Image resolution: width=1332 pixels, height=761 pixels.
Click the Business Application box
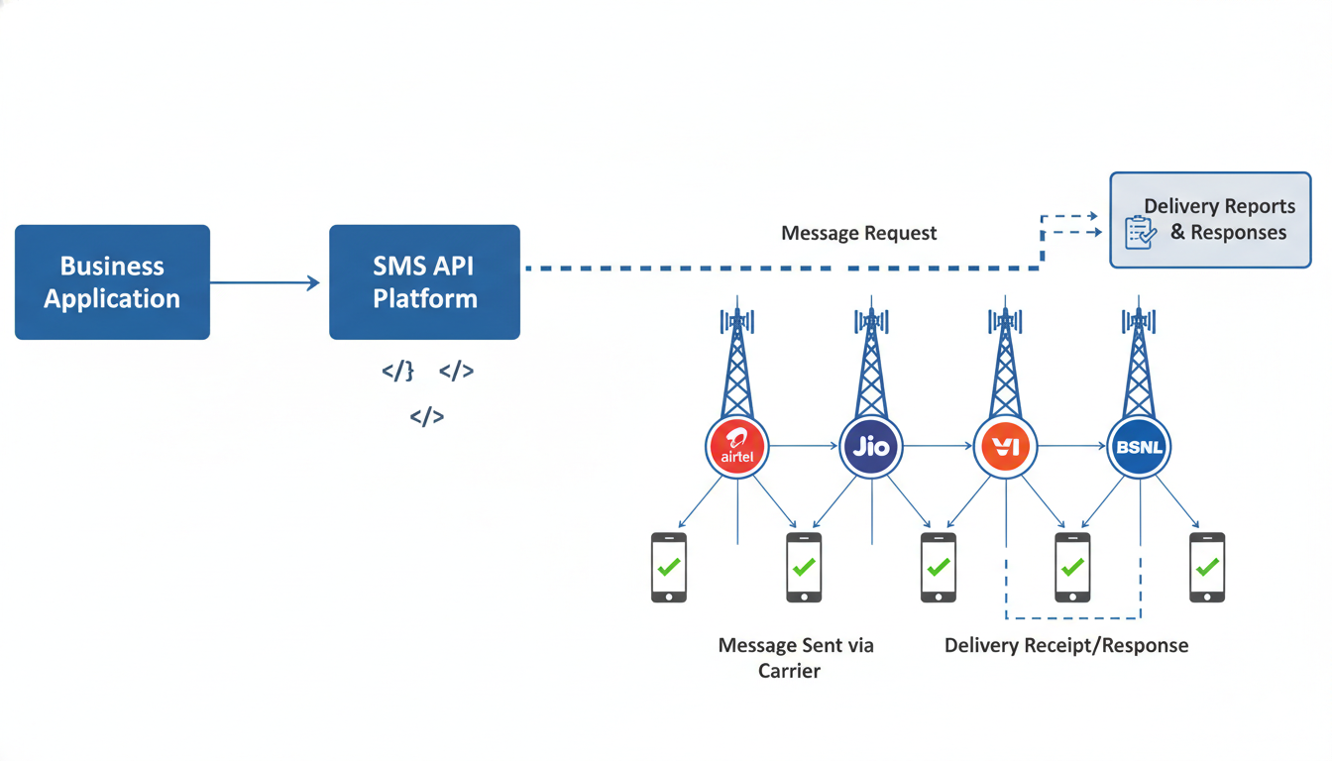tap(112, 282)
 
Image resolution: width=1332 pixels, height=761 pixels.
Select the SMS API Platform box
tap(424, 282)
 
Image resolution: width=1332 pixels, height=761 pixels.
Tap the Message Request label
tap(858, 233)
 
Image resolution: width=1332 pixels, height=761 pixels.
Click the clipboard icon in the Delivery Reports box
tap(1141, 232)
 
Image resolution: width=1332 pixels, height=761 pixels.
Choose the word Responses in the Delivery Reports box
tap(1239, 233)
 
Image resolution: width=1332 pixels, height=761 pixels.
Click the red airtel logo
tap(737, 447)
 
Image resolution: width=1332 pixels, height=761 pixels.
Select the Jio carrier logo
tap(871, 447)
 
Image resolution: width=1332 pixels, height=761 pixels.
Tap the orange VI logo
tap(1005, 447)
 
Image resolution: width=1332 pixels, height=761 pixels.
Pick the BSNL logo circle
tap(1139, 447)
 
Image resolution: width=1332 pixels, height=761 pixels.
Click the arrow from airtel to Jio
tap(804, 447)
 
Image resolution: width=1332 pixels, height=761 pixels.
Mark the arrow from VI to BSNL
tap(1071, 447)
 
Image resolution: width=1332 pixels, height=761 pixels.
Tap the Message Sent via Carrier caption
tap(795, 658)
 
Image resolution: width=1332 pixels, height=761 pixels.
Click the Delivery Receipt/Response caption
tap(1066, 646)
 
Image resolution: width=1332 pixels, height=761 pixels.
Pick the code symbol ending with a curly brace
tap(397, 372)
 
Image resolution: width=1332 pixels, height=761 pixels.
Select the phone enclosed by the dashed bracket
tap(1072, 568)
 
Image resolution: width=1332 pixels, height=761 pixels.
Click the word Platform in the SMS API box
tap(424, 299)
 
